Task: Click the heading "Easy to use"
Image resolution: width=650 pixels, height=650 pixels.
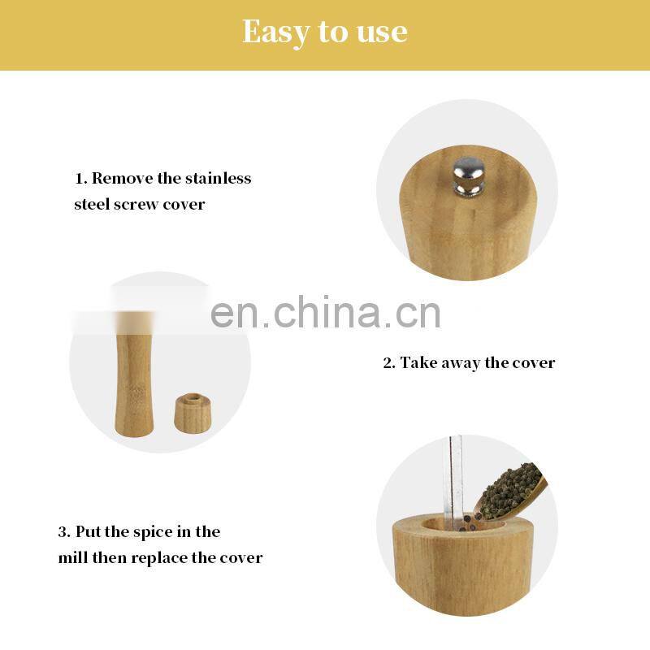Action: coord(324,32)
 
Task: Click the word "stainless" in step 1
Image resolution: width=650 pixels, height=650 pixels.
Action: coord(218,178)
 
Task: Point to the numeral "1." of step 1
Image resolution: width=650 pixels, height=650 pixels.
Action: coord(81,179)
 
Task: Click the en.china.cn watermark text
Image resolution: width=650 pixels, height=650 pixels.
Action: coord(326,312)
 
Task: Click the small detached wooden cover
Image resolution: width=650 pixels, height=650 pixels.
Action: coord(193,414)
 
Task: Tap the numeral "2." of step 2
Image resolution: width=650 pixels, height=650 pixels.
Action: coord(389,363)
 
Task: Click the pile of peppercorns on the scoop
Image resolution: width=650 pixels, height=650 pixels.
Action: coord(509,492)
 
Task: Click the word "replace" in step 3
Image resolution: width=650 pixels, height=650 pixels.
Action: coord(160,558)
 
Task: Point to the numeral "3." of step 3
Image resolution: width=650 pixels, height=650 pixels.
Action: coord(65,532)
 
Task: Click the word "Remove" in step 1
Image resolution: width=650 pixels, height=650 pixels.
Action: coord(123,178)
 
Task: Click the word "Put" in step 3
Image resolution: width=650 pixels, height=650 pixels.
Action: coord(88,532)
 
